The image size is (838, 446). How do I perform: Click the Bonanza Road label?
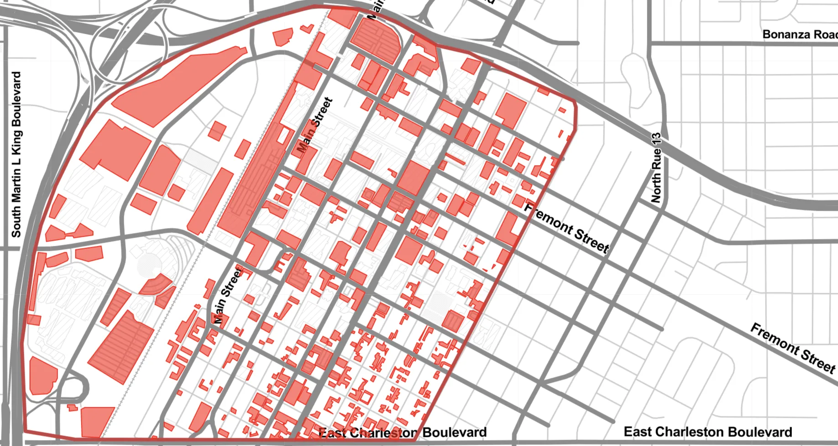tap(800, 35)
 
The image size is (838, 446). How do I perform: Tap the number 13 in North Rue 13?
tap(656, 139)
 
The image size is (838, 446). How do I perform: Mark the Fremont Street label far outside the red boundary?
tap(793, 347)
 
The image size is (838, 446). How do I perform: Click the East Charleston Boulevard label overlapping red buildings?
tap(403, 432)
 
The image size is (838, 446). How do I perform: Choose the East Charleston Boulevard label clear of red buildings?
tap(707, 431)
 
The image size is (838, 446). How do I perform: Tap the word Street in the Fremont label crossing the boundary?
tap(592, 240)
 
